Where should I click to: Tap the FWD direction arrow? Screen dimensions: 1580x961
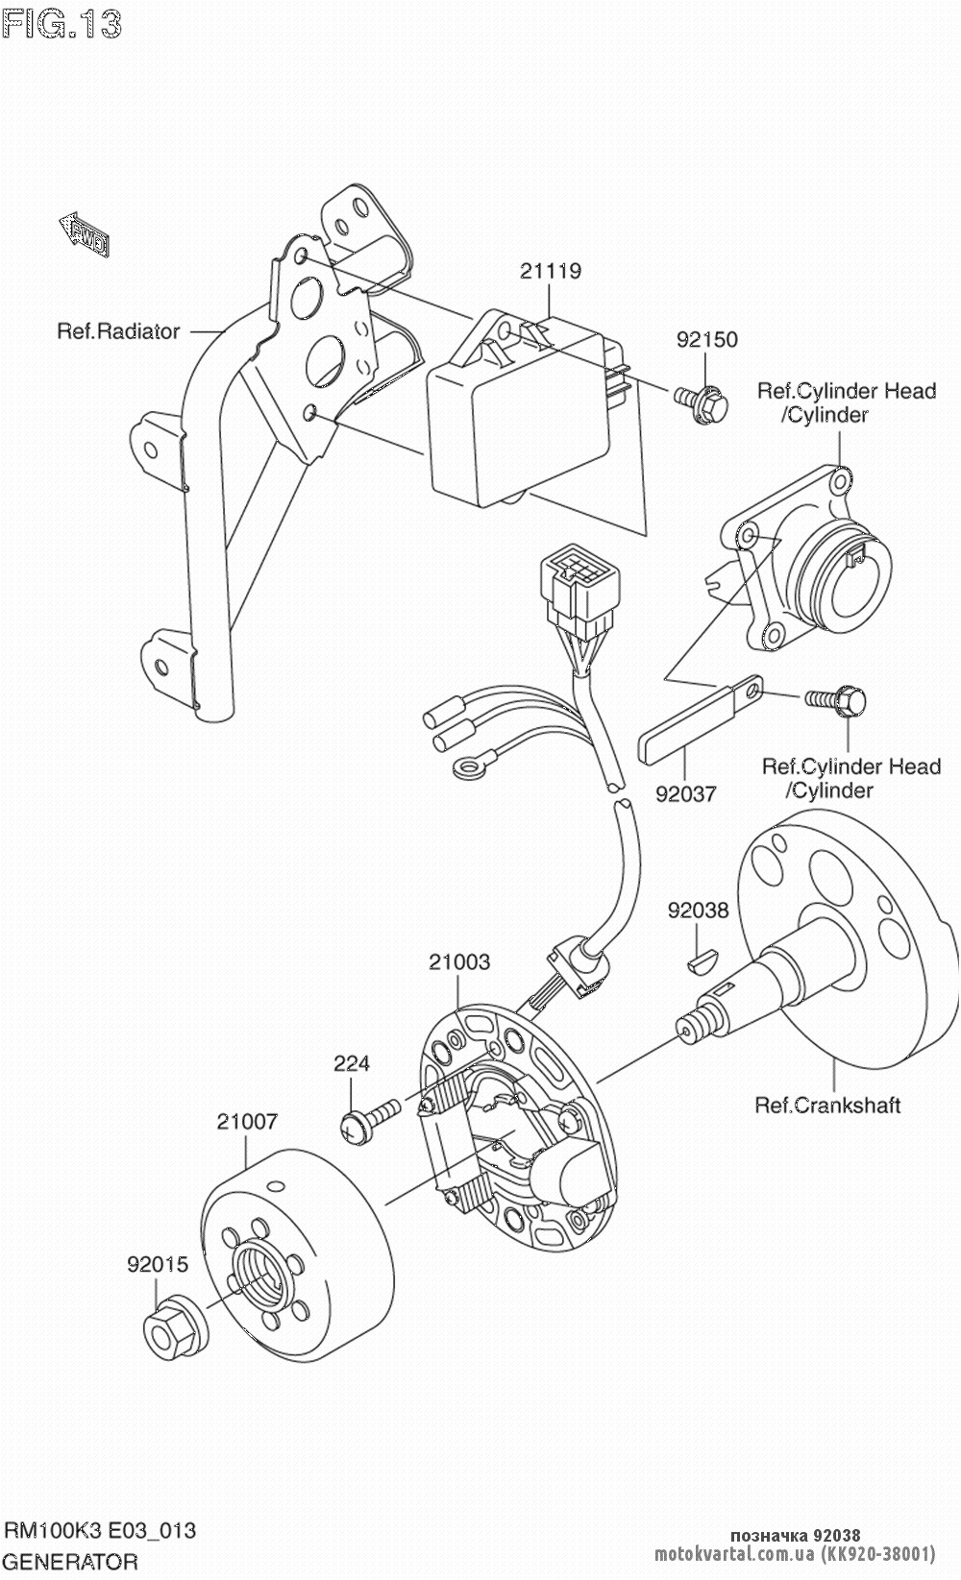[85, 236]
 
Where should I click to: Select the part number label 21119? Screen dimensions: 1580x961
[551, 272]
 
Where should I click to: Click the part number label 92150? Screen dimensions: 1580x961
[706, 340]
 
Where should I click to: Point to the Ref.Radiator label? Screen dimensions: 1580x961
[118, 331]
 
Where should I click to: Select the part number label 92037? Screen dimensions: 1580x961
[686, 793]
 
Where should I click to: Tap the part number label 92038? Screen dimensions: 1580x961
[699, 910]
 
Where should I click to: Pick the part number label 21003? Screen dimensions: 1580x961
[459, 961]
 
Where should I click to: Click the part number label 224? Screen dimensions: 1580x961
[352, 1063]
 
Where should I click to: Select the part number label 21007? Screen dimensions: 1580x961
[247, 1121]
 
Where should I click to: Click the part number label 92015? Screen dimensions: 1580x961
[158, 1266]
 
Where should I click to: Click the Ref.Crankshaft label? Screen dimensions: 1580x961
[827, 1106]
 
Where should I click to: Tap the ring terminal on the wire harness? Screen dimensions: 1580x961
[466, 766]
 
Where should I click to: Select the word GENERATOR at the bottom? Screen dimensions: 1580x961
[72, 1561]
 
